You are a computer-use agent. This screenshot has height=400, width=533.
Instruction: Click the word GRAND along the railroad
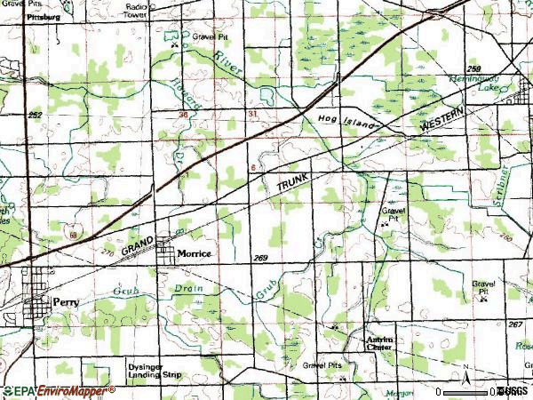(x=139, y=246)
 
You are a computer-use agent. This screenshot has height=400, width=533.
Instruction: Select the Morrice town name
(x=195, y=253)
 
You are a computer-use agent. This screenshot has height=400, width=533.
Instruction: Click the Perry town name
(x=67, y=301)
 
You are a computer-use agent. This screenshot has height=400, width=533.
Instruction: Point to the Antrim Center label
(x=385, y=342)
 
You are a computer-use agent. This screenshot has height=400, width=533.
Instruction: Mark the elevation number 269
(x=260, y=258)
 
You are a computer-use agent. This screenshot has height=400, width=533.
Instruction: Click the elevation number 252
(x=35, y=116)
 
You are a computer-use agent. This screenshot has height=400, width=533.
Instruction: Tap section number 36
(x=183, y=115)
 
